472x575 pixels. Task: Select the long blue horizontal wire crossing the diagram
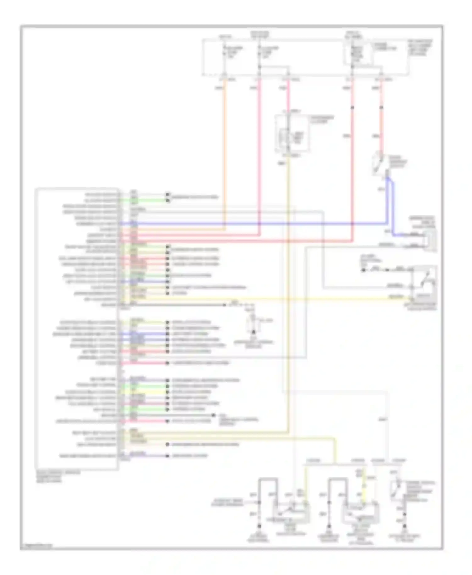252,224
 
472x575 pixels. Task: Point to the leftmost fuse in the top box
224,52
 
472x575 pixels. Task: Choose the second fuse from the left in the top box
259,52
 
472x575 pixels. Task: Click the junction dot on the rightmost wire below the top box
381,108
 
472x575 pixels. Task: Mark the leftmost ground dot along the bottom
259,526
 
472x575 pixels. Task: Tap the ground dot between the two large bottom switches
329,526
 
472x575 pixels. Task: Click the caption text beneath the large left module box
58,477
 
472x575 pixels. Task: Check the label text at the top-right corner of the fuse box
420,47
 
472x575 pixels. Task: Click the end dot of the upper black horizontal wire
225,305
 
